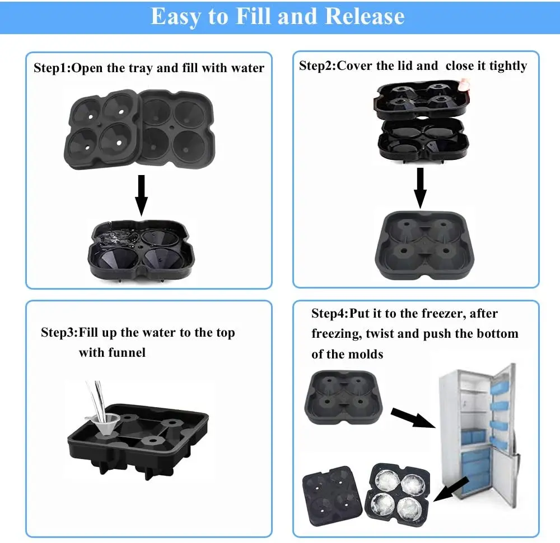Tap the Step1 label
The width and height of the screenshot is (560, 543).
52,68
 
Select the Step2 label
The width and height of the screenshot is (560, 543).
317,66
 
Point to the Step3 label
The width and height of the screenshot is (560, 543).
59,333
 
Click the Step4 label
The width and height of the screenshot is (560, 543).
329,314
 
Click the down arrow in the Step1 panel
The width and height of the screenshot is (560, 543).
142,195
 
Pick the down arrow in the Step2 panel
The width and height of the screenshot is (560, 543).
419,188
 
